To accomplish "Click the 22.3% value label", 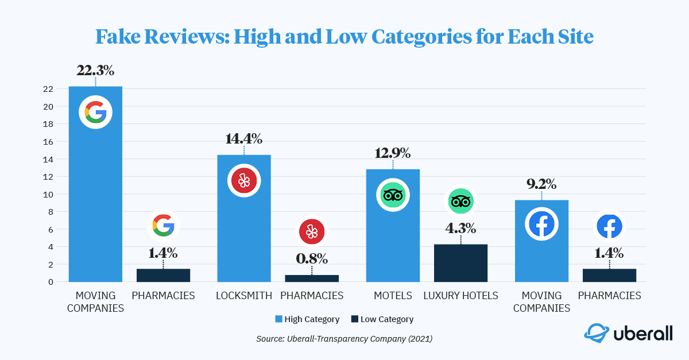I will [95, 71].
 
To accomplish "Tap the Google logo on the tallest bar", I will [95, 112].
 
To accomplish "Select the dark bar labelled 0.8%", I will [312, 278].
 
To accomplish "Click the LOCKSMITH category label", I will [244, 296].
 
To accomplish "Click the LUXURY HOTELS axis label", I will [460, 296].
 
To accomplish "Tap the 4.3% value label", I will [460, 228].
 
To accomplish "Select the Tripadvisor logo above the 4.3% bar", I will [460, 202].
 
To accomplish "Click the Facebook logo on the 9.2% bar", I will [541, 224].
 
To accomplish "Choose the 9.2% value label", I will [541, 184].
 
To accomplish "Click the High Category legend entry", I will [308, 319].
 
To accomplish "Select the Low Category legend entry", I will [382, 319].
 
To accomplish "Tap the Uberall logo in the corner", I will [628, 334].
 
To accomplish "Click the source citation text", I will [344, 339].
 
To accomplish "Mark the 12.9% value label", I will [393, 153].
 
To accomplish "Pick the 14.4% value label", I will [244, 138].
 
